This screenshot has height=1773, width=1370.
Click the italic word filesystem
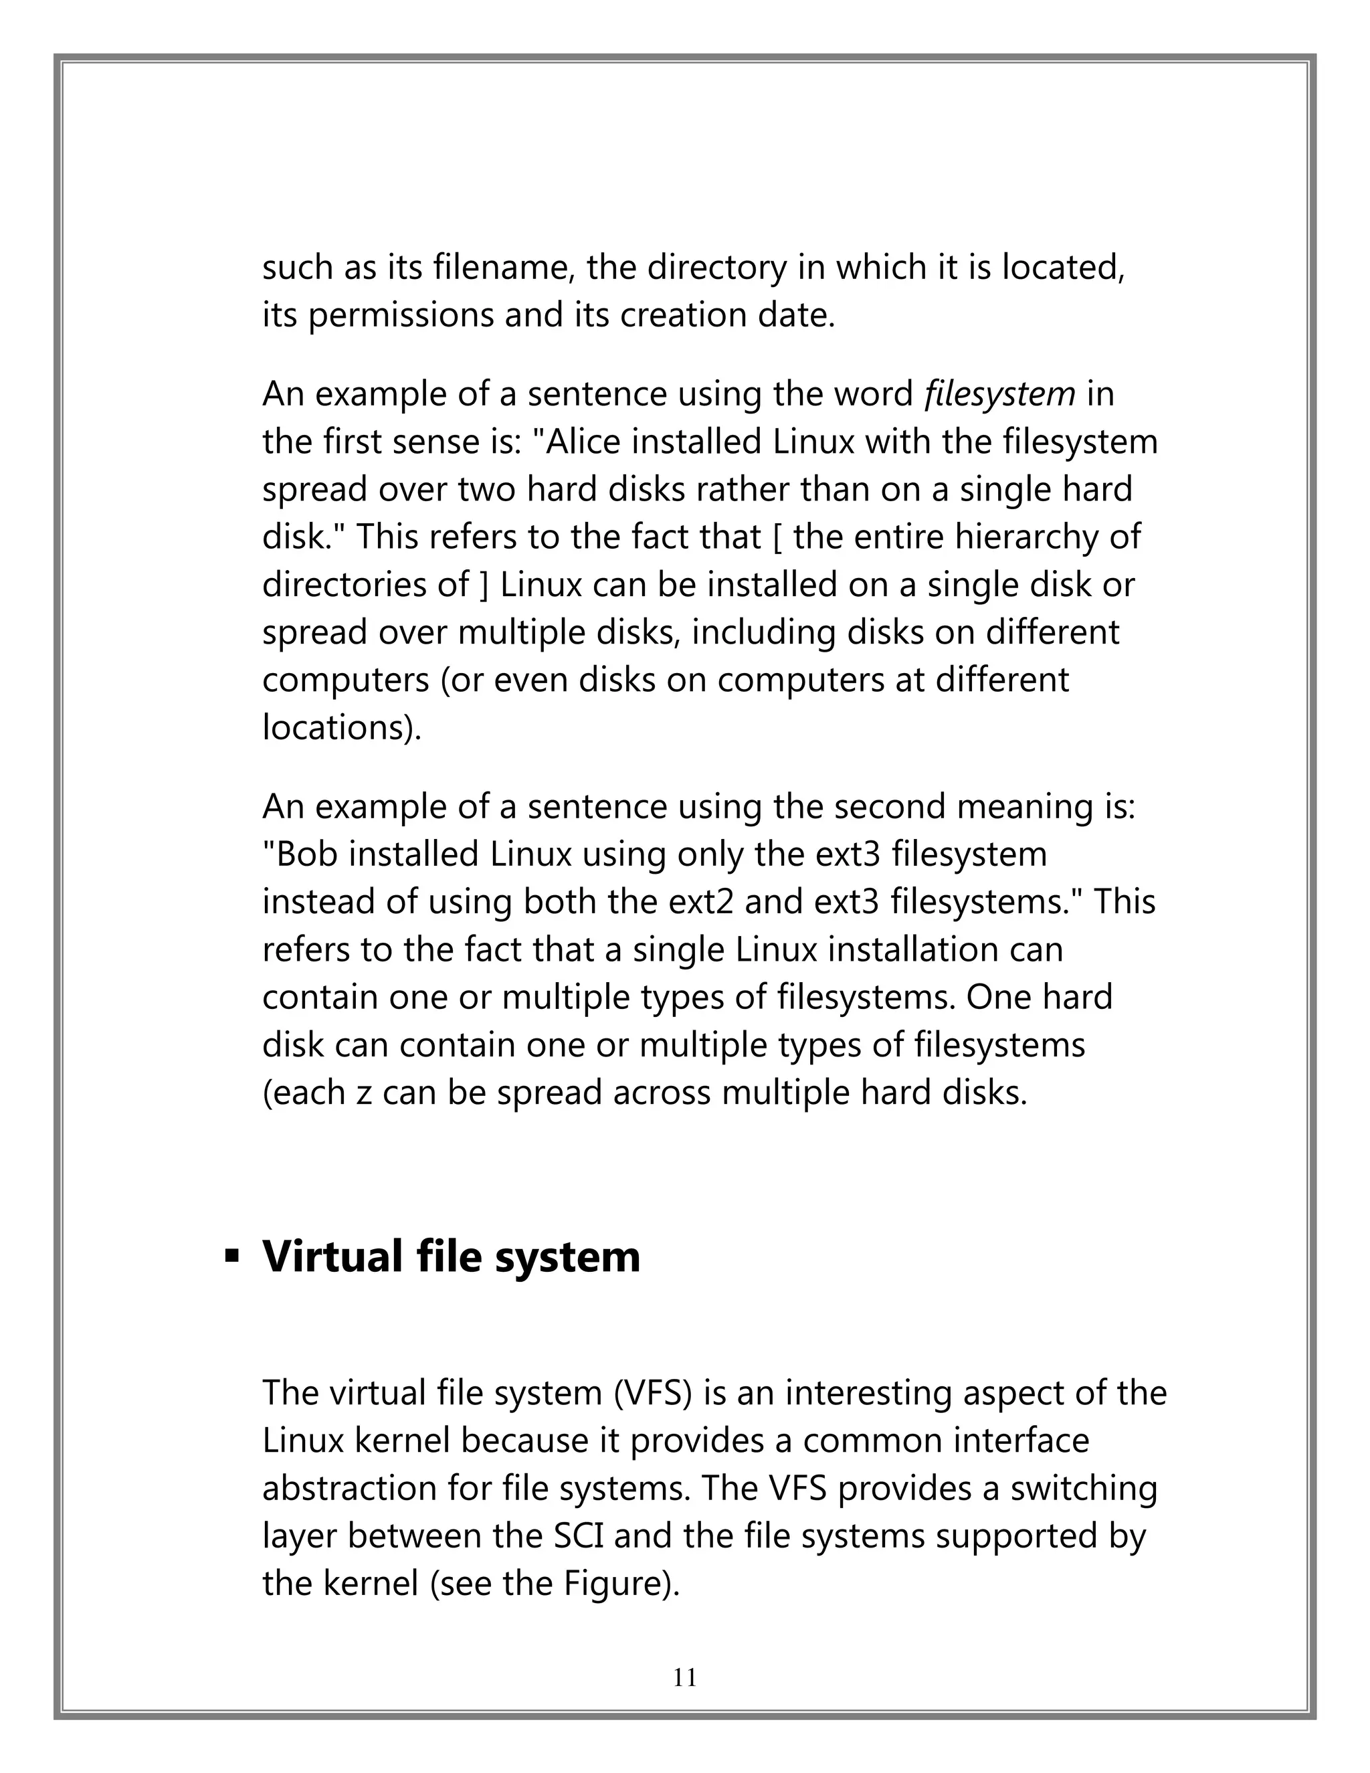[999, 395]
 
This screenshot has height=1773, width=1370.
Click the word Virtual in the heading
[332, 1256]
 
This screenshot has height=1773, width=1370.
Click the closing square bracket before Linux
[484, 585]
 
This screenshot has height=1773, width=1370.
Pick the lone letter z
[365, 1093]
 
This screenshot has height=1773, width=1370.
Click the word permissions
[400, 315]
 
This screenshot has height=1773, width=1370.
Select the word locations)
[342, 727]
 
